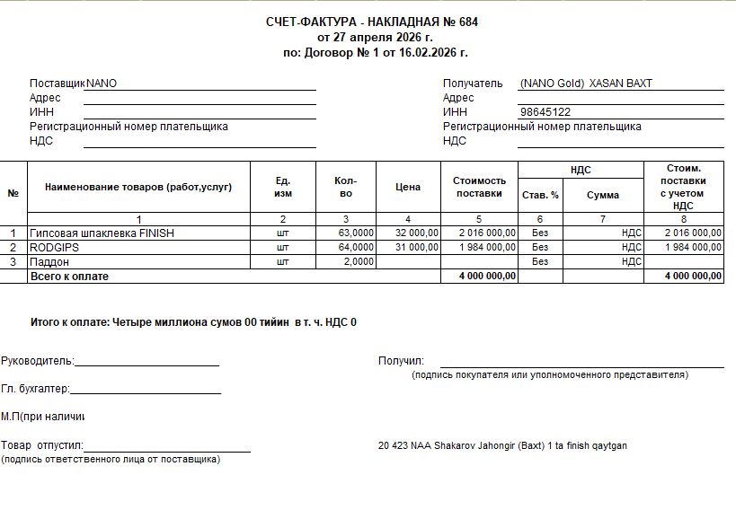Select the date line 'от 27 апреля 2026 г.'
tap(375, 38)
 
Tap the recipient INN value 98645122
tap(545, 112)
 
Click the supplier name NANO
tap(102, 84)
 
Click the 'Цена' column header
tap(408, 187)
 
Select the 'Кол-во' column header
tap(346, 187)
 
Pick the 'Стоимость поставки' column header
tap(479, 187)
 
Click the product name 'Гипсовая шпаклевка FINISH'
tap(102, 233)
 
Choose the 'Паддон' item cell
tap(49, 261)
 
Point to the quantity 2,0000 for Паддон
tap(359, 261)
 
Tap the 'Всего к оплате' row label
tap(69, 277)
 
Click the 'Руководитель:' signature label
tap(37, 361)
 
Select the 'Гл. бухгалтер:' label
tap(35, 389)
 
